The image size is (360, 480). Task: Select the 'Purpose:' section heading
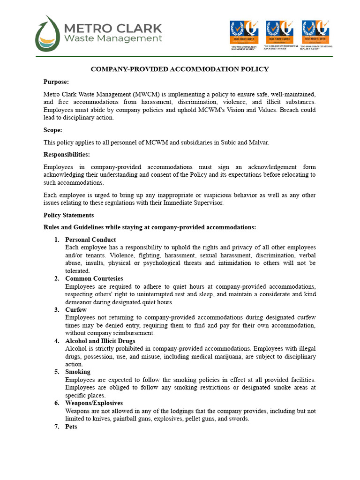tap(56, 82)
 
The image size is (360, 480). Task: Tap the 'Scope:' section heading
tap(53, 130)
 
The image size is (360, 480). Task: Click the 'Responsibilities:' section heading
tap(67, 155)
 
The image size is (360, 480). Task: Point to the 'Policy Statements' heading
tap(68, 215)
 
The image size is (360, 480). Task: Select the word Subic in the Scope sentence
tap(227, 142)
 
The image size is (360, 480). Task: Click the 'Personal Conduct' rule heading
tap(90, 240)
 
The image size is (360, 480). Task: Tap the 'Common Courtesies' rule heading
tap(94, 278)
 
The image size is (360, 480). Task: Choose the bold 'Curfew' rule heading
tap(76, 310)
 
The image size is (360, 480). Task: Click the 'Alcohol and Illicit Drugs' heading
tap(100, 341)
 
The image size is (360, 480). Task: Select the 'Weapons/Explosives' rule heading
tap(94, 403)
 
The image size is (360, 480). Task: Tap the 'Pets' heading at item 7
tap(71, 427)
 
